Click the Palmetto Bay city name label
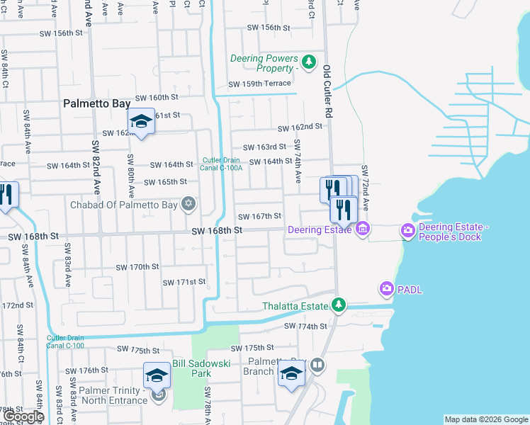[x=96, y=103]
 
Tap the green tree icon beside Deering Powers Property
[x=308, y=62]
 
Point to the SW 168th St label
[x=218, y=231]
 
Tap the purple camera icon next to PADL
[x=386, y=288]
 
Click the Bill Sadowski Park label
[x=191, y=368]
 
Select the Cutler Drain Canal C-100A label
[x=223, y=164]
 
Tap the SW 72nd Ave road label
[x=366, y=188]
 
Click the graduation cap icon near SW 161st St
[x=141, y=121]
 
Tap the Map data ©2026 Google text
[x=486, y=419]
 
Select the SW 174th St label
[x=305, y=327]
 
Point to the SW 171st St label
[x=184, y=282]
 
